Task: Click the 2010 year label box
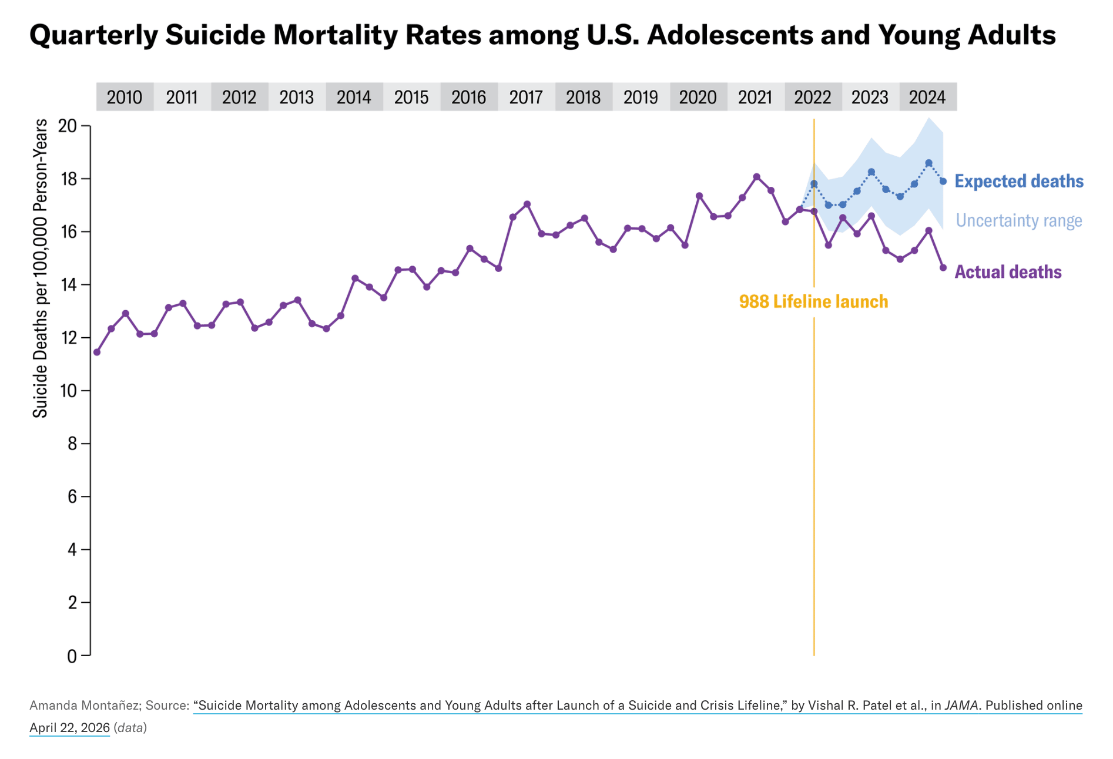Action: (x=125, y=97)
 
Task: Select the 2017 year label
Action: (x=526, y=97)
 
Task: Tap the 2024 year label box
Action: (x=927, y=97)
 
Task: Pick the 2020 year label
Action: (x=698, y=97)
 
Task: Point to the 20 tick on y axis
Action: (x=68, y=126)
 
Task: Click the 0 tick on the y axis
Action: (x=72, y=656)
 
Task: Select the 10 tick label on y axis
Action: (x=68, y=391)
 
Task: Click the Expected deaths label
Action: (x=1018, y=181)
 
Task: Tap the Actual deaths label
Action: (x=1007, y=272)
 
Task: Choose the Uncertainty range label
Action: (x=1018, y=220)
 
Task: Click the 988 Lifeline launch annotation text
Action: (x=813, y=302)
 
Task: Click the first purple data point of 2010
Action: (x=97, y=352)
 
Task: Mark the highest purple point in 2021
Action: (x=756, y=177)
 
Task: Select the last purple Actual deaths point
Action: (x=943, y=267)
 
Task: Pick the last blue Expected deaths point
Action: (x=943, y=182)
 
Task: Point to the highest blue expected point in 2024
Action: (x=928, y=163)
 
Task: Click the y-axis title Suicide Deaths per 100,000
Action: (x=40, y=268)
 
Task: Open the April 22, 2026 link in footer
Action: (x=69, y=728)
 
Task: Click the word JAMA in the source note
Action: (x=961, y=705)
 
